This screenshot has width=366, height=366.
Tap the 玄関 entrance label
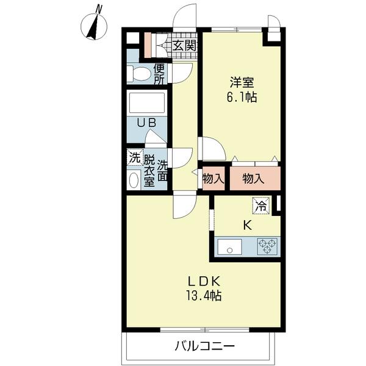183,45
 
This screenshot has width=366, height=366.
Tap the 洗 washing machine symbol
134,157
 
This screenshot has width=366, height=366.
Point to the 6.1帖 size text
242,98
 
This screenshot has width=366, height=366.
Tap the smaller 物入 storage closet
213,179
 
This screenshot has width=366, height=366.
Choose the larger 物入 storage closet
253,179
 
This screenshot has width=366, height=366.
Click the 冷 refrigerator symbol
260,206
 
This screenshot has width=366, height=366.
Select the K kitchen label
247,224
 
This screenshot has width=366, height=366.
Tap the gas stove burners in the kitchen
267,246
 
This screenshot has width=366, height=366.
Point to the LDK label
203,282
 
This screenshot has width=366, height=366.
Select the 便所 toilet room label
159,74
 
